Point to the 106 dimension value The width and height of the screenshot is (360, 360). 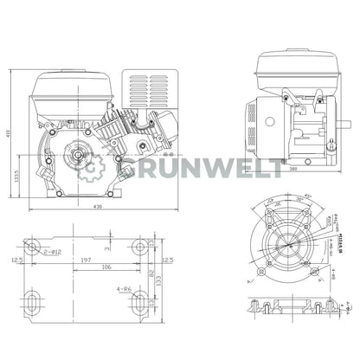tap(104, 268)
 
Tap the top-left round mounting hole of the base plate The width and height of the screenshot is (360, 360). tap(33, 247)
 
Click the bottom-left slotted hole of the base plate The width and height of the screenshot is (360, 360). tap(32, 303)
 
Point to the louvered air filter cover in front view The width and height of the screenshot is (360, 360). tap(147, 90)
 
